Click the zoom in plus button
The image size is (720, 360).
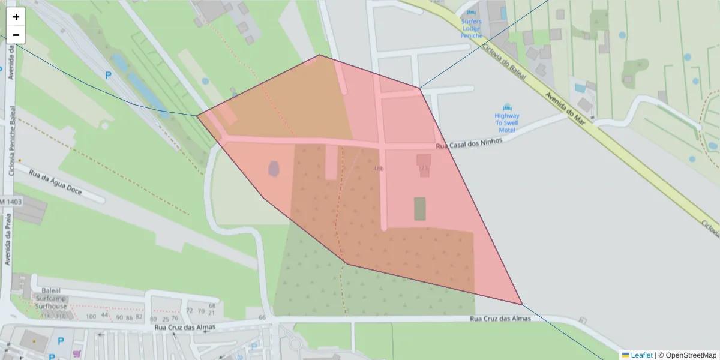pos(16,17)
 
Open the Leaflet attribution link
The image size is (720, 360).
pos(641,355)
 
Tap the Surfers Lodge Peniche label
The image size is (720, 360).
pos(472,28)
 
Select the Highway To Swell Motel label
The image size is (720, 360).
pos(507,122)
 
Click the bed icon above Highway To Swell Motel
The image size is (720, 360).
pos(508,106)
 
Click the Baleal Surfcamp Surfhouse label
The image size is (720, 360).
pos(51,298)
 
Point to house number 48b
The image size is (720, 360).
pos(378,169)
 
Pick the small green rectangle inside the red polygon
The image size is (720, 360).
pos(420,208)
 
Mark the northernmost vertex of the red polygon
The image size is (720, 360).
pos(319,55)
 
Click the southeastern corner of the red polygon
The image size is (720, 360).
pos(522,305)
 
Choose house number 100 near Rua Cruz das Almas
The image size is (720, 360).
pos(91,316)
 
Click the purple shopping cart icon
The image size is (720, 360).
pos(76,354)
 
